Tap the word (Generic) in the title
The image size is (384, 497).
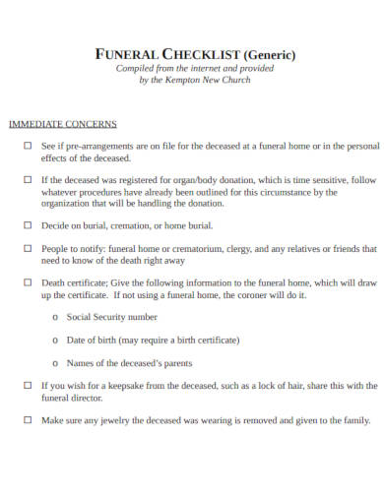coord(264,54)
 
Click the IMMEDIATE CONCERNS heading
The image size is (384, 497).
coord(63,124)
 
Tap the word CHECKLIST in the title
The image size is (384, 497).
coord(196,54)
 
